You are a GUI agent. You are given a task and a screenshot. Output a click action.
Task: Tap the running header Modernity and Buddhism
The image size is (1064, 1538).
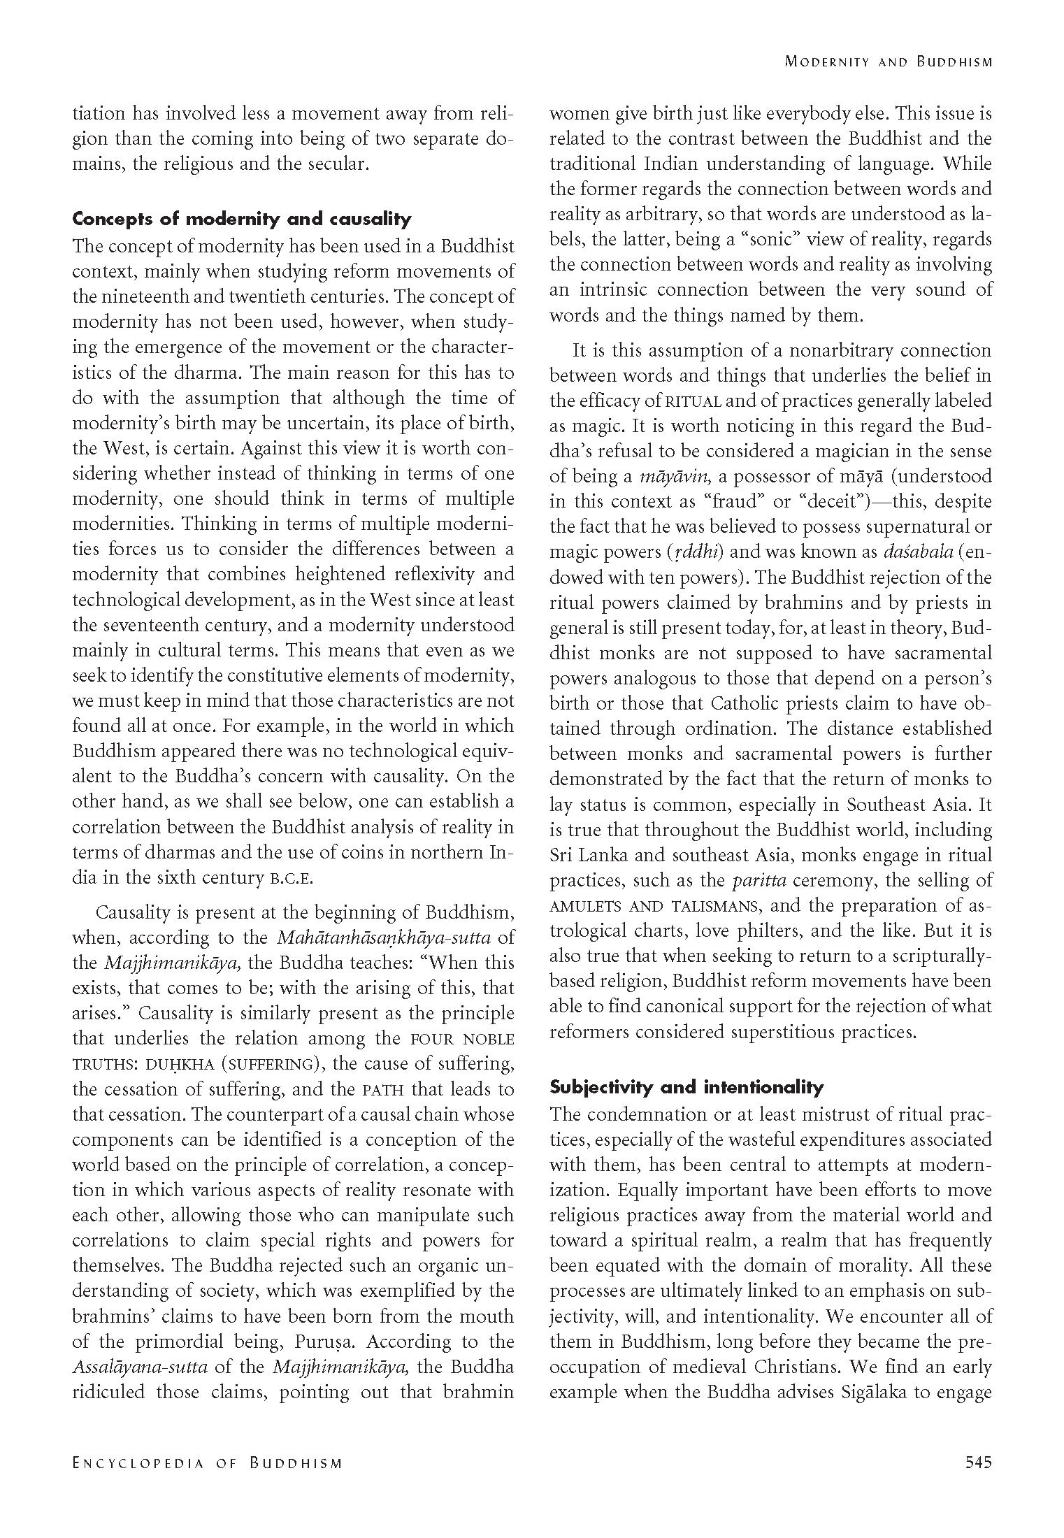click(x=888, y=62)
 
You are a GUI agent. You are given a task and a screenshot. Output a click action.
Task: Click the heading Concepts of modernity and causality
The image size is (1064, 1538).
click(x=242, y=220)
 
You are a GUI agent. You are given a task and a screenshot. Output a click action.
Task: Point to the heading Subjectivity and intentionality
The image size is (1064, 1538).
click(x=686, y=1087)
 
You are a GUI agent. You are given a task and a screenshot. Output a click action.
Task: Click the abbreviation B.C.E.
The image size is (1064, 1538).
click(x=292, y=879)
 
